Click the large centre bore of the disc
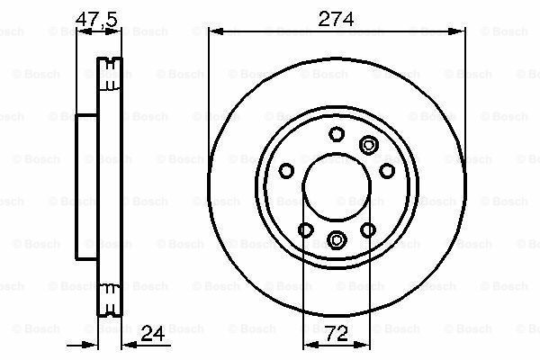(x=336, y=186)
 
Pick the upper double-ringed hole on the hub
(x=367, y=144)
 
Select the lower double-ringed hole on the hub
(x=337, y=239)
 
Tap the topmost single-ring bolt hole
(x=337, y=135)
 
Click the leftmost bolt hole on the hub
(x=285, y=170)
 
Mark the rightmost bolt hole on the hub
(x=387, y=170)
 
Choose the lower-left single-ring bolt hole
(x=305, y=230)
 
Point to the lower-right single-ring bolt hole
(x=367, y=230)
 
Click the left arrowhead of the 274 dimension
(x=215, y=31)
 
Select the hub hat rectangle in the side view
(x=86, y=186)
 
